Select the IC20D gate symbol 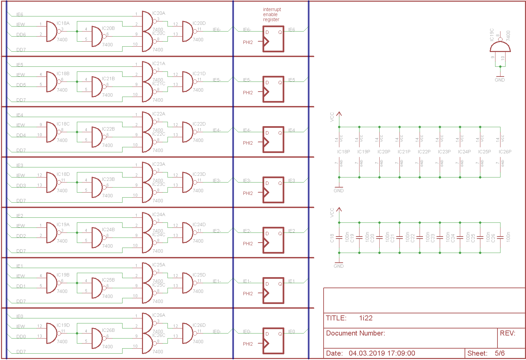click(x=187, y=32)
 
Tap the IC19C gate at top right click(x=500, y=47)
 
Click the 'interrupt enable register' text click(x=272, y=14)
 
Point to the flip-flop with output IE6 click(x=273, y=39)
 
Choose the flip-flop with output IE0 click(x=273, y=341)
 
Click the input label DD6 click(x=21, y=35)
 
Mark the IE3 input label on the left click(x=20, y=165)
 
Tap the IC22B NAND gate click(x=97, y=137)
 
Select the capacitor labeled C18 click(x=339, y=238)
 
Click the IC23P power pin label click(x=444, y=152)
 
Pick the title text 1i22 click(x=366, y=318)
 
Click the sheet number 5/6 click(x=499, y=353)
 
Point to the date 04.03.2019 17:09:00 click(x=382, y=353)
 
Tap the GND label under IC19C click(x=499, y=80)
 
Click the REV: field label click(x=508, y=333)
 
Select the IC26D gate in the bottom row click(x=187, y=333)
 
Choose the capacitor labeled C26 click(x=500, y=238)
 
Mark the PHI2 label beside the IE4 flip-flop click(x=248, y=143)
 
